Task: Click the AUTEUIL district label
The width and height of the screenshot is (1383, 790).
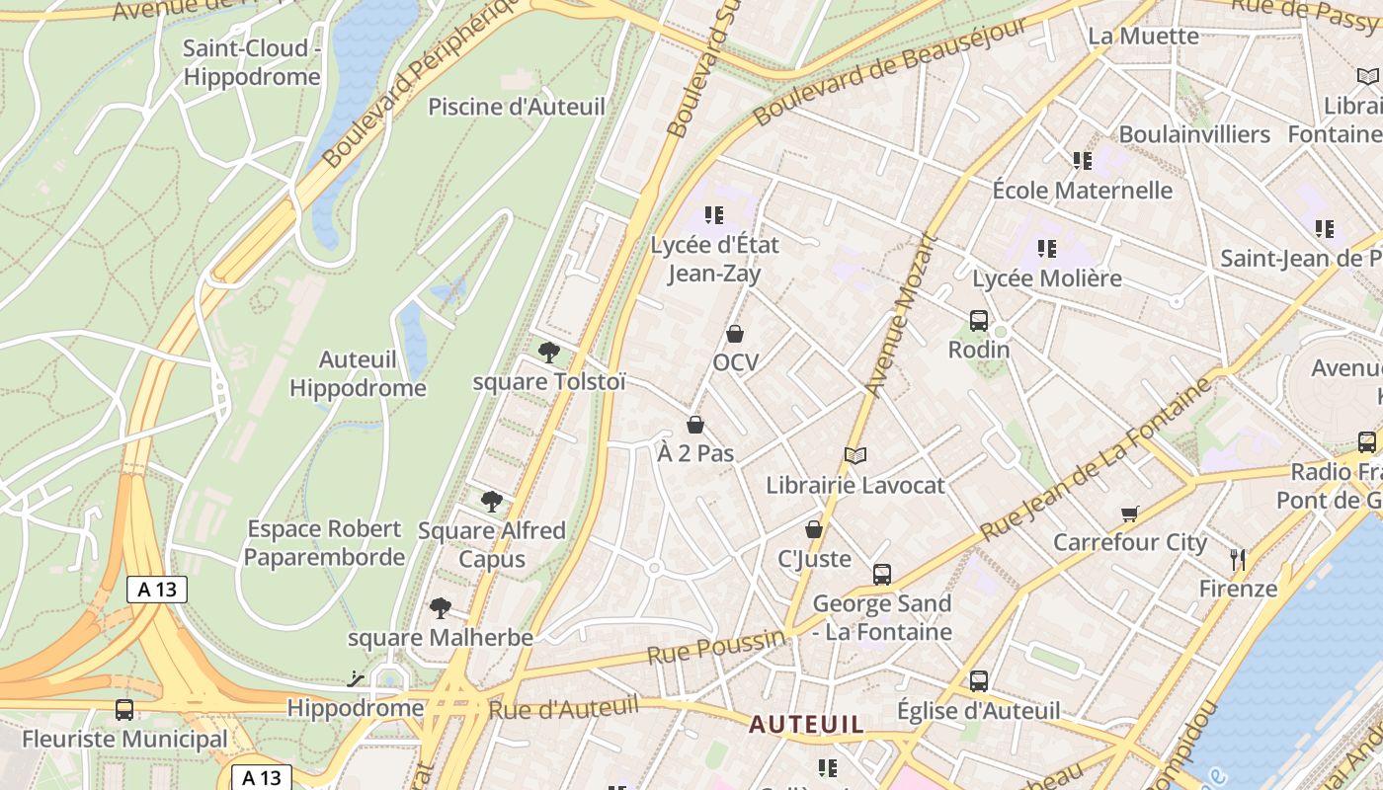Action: click(x=806, y=724)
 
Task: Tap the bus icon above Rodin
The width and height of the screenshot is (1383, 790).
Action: click(x=979, y=320)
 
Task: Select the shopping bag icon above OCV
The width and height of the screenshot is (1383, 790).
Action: click(x=735, y=334)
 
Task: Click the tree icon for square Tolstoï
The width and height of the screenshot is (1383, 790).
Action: click(x=548, y=353)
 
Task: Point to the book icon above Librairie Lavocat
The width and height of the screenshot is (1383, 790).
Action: click(x=855, y=455)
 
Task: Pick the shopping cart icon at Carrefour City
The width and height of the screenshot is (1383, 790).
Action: click(x=1130, y=513)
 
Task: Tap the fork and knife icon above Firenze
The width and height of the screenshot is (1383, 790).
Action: click(x=1238, y=560)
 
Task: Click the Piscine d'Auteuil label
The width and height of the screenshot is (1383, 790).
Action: click(x=516, y=107)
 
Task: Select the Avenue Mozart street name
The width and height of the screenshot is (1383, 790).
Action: click(x=900, y=315)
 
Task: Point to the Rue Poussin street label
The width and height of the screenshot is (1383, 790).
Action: click(x=716, y=648)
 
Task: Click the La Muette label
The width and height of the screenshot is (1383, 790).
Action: click(x=1143, y=37)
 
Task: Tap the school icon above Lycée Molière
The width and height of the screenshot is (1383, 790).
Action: click(x=1047, y=249)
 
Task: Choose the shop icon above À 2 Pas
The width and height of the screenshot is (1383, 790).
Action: click(x=695, y=425)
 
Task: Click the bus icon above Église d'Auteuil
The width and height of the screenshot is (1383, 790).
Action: click(x=979, y=680)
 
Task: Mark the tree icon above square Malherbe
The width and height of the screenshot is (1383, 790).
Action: click(x=441, y=608)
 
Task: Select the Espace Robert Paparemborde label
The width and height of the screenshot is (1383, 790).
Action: click(x=324, y=543)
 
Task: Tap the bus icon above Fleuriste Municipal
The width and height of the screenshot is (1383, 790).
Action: click(x=124, y=709)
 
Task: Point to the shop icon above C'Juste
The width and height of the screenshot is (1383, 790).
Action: click(x=814, y=529)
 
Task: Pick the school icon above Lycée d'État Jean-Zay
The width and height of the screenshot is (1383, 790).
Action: click(x=714, y=214)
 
